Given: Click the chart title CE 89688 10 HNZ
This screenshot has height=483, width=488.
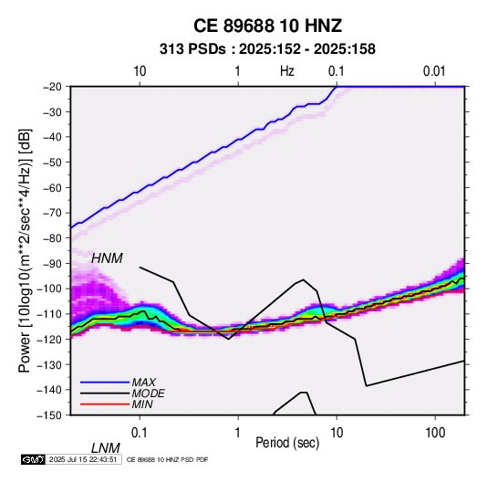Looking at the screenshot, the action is [x=267, y=26].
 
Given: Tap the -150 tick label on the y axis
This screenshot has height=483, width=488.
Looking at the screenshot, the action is [x=49, y=415].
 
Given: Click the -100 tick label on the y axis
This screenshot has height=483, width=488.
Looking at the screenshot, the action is [x=49, y=289].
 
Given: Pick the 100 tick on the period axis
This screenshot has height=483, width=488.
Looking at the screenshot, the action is [x=435, y=433].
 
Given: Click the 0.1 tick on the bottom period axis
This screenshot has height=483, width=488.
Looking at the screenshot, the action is [x=140, y=433].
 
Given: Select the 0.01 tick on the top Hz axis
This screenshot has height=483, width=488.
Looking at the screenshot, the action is [x=434, y=71].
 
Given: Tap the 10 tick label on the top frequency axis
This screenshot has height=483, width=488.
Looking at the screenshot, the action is [x=140, y=71].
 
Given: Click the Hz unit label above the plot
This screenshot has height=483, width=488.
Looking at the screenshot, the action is [x=286, y=71].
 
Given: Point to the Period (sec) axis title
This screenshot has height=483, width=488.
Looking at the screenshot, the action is [x=287, y=443].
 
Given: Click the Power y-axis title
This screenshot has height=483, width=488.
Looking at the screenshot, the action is [x=25, y=251].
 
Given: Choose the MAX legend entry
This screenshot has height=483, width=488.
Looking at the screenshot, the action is [x=144, y=383].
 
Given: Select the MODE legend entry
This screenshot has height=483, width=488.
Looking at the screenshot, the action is [x=148, y=394].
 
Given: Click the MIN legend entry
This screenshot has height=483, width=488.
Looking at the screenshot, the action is [x=142, y=404].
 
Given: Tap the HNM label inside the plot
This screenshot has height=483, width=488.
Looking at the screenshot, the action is [x=107, y=258].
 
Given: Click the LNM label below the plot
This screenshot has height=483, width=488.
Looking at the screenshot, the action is [x=106, y=448].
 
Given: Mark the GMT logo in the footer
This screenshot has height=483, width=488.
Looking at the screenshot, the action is [x=34, y=459].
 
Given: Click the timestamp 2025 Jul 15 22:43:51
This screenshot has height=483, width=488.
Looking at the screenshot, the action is [x=83, y=459].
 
